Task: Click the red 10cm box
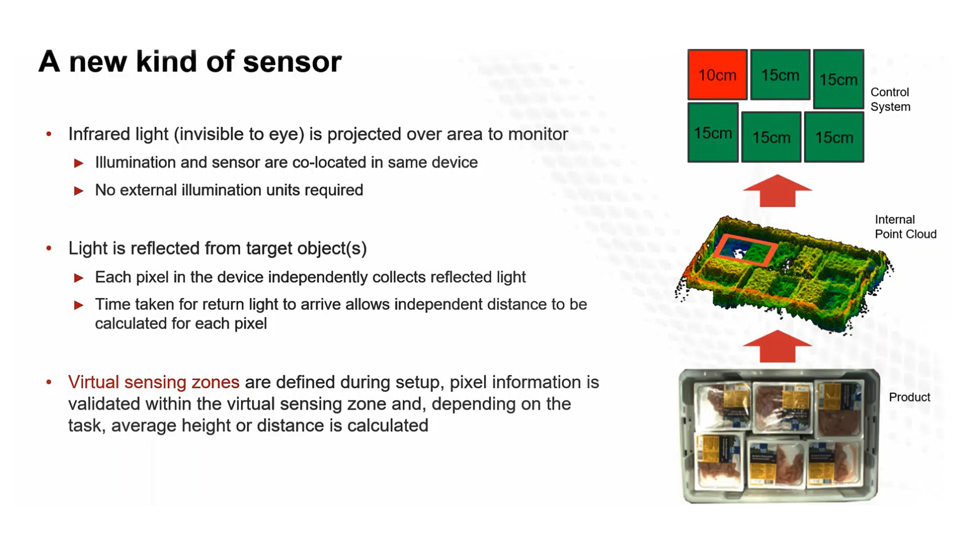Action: click(717, 74)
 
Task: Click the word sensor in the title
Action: click(292, 62)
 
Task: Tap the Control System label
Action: click(890, 99)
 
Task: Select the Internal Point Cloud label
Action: click(905, 227)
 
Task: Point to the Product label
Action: click(910, 397)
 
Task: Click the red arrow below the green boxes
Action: click(777, 190)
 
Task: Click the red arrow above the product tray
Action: click(777, 346)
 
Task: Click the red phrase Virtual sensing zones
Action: click(154, 382)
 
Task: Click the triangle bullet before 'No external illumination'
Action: click(79, 191)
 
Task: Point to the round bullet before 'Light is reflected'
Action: click(49, 248)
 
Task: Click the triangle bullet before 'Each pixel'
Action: click(79, 278)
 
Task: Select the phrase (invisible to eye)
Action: click(239, 134)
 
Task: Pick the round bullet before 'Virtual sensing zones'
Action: click(49, 382)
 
